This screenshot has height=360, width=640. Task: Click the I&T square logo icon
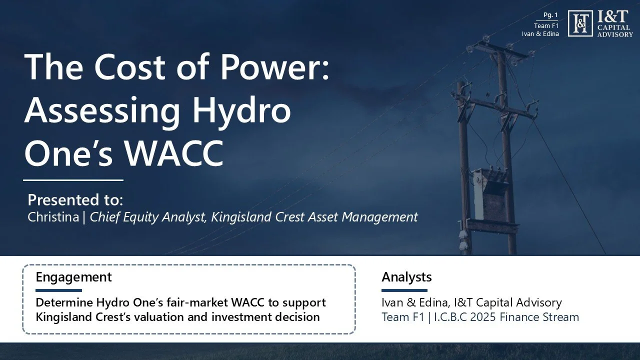tap(580, 23)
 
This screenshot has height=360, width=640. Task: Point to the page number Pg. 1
tap(550, 15)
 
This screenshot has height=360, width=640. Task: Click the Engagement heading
tap(73, 277)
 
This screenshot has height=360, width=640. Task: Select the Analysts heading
tap(406, 277)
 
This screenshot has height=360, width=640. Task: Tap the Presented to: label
tap(75, 200)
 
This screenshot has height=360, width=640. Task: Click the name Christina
tap(53, 217)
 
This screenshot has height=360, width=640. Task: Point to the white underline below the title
tap(73, 180)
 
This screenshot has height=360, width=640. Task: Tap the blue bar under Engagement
tap(58, 290)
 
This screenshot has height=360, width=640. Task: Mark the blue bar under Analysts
tap(404, 290)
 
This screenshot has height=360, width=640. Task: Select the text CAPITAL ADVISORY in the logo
tap(615, 31)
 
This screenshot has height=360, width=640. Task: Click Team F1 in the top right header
tap(546, 26)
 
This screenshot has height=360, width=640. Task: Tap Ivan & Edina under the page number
tap(540, 34)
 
